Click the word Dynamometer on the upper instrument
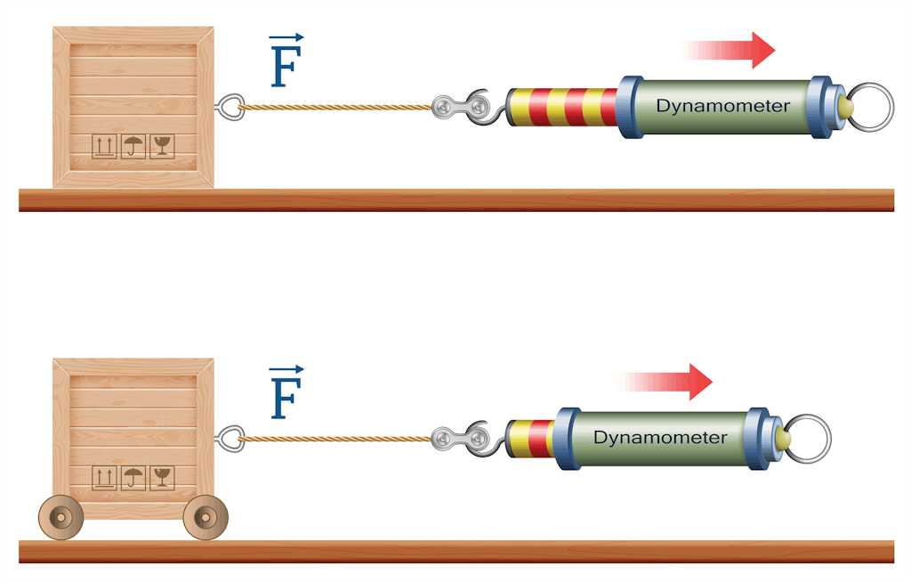[x=722, y=106]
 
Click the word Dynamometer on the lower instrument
[x=660, y=438]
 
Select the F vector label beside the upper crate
[x=286, y=62]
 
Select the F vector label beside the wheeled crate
[x=286, y=393]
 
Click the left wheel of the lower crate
[x=60, y=517]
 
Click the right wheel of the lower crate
[x=206, y=517]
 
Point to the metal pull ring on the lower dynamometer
[x=808, y=439]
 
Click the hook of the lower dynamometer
[x=481, y=438]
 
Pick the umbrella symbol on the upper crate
[x=133, y=147]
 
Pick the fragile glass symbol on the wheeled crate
[x=162, y=478]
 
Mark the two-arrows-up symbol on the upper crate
[x=104, y=147]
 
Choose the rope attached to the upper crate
[x=334, y=107]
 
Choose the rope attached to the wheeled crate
[x=334, y=438]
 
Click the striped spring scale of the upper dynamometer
[x=562, y=107]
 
